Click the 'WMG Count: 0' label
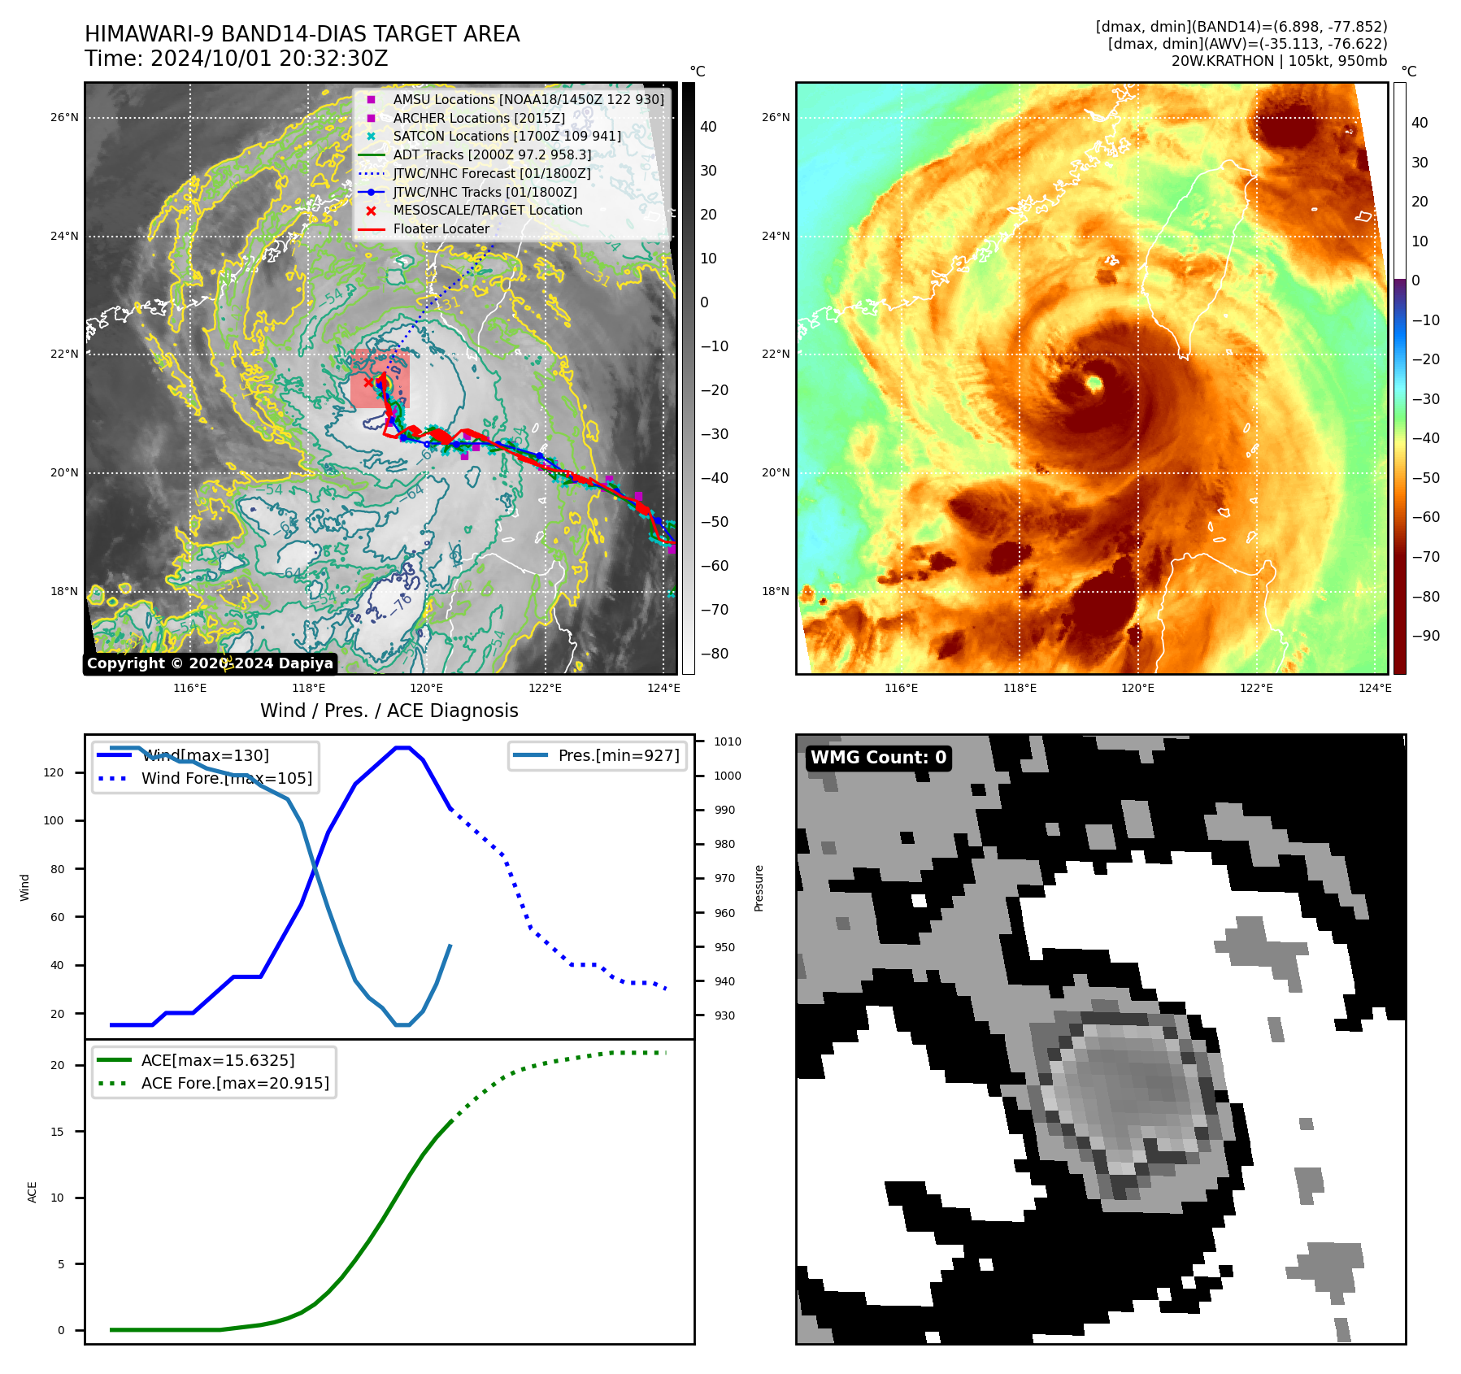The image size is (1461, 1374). [878, 758]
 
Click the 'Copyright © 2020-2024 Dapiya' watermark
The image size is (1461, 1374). [210, 663]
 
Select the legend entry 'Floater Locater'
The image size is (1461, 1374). [441, 229]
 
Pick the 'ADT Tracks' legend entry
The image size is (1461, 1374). [492, 154]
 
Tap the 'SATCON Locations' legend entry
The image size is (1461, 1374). [507, 137]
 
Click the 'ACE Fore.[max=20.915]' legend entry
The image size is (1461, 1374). [235, 1083]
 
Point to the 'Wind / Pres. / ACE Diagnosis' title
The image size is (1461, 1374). [389, 711]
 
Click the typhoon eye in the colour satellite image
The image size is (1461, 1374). [1094, 383]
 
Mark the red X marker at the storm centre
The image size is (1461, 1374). [368, 382]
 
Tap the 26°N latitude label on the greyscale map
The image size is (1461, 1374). [64, 118]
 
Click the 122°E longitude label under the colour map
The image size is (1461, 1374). [1256, 689]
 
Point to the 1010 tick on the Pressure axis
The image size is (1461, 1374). [727, 741]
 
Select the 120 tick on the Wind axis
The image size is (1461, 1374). [54, 772]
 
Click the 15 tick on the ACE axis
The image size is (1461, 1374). [57, 1132]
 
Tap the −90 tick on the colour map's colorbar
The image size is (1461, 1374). [1425, 636]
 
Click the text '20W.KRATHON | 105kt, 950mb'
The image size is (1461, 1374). [1279, 61]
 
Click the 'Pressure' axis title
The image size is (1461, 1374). [759, 888]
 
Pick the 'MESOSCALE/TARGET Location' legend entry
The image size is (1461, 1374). [487, 211]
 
